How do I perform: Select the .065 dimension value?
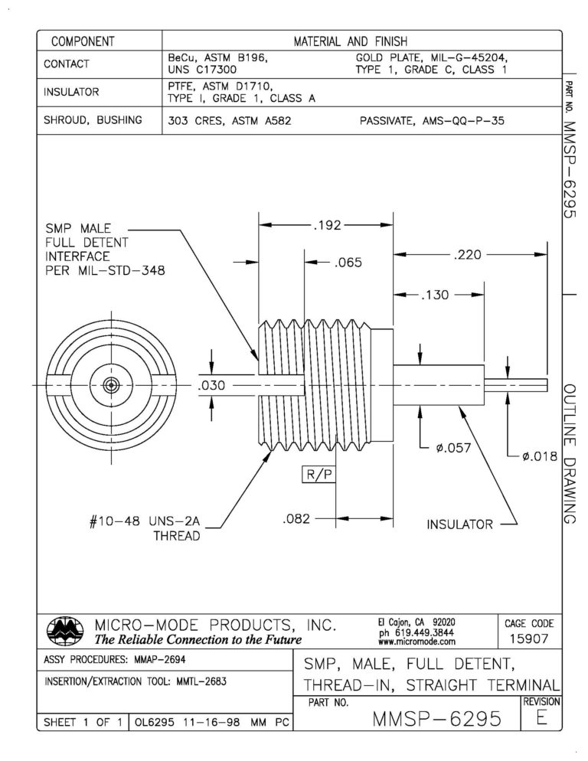348,262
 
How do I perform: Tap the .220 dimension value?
466,255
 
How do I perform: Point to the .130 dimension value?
436,294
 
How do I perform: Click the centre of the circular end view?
111,386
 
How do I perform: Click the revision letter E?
541,717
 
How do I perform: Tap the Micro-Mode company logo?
64,629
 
